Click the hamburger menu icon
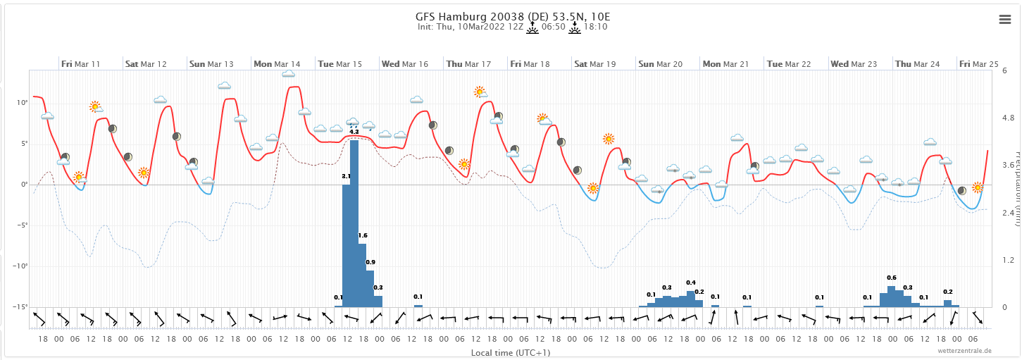1005,20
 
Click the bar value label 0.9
370,262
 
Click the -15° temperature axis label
20,307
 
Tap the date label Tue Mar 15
339,64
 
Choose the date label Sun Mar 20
660,64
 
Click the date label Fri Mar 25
979,64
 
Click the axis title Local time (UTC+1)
510,352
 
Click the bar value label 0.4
691,283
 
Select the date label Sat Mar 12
146,64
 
